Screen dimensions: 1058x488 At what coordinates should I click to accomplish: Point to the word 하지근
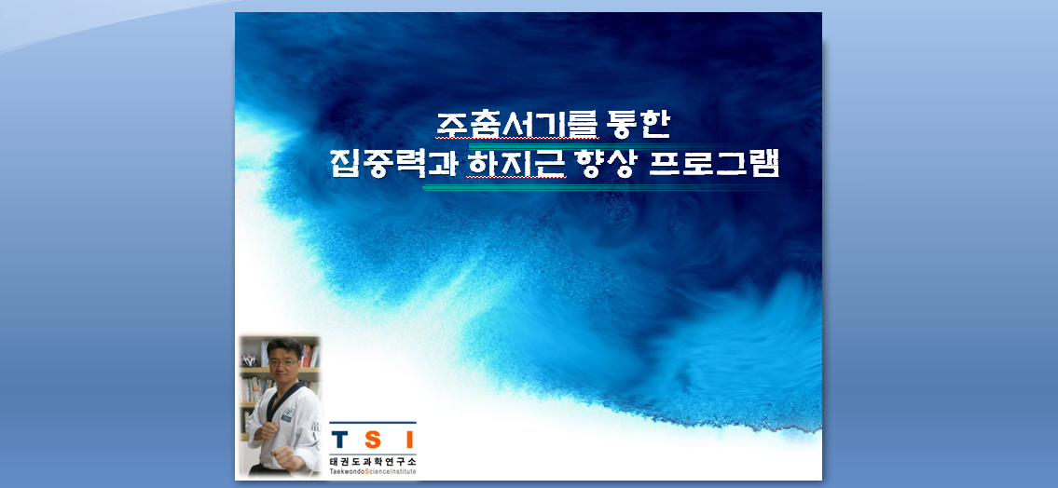pos(515,164)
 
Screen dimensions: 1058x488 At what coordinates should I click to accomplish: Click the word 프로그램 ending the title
pos(713,164)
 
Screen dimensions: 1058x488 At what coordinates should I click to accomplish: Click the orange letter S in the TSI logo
pos(374,441)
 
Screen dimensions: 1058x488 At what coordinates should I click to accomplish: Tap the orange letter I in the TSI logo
pos(408,441)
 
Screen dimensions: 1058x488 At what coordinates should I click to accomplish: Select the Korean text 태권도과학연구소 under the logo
pos(373,462)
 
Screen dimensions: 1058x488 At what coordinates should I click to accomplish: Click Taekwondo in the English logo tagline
pos(347,472)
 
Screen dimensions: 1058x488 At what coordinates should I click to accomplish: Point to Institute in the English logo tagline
pos(404,472)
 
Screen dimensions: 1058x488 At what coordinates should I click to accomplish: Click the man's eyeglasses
pos(283,363)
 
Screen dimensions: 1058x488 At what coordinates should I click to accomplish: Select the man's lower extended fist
pos(286,460)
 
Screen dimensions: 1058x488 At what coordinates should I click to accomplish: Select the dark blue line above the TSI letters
pos(373,424)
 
